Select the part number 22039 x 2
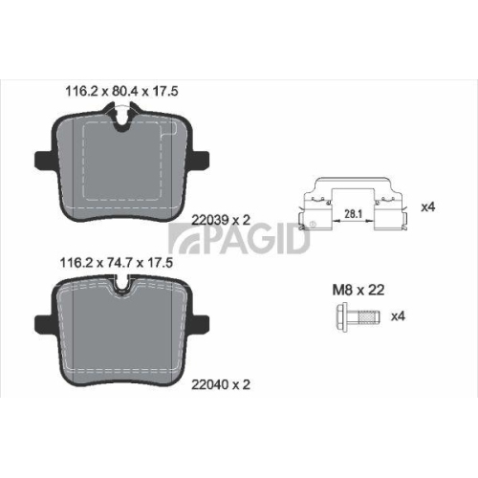(x=222, y=219)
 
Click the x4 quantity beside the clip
(x=427, y=206)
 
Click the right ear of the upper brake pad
(x=204, y=158)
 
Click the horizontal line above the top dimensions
(x=239, y=76)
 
